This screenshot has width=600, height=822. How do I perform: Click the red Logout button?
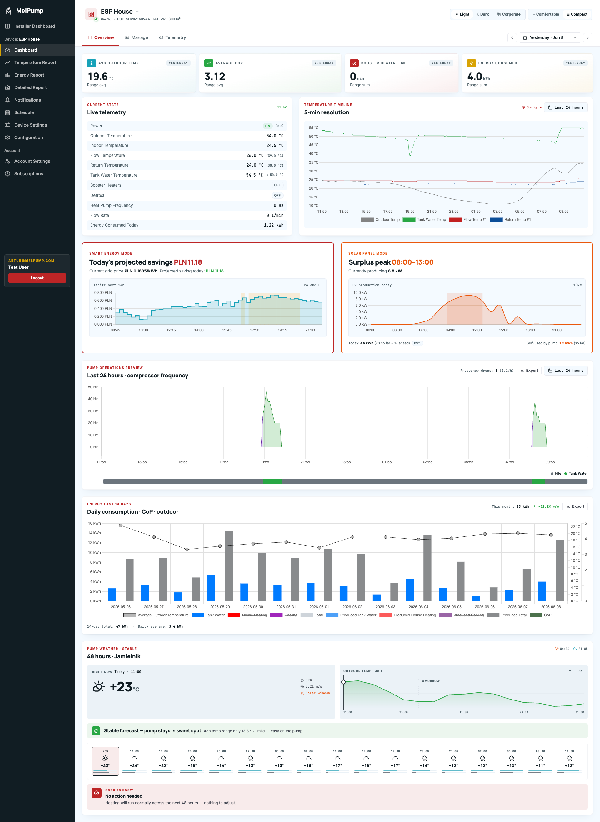37,278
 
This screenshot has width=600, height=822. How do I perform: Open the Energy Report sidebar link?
29,75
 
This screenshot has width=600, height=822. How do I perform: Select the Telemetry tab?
172,37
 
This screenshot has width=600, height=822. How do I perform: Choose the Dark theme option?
483,14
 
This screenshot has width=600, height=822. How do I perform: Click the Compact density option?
577,14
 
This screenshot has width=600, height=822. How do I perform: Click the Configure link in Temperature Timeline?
532,107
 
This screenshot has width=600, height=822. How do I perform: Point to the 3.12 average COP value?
215,76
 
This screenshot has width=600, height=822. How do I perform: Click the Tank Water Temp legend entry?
424,220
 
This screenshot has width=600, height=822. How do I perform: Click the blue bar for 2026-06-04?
410,590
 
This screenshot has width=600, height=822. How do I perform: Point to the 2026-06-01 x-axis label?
319,607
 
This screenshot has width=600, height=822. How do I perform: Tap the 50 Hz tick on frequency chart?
93,387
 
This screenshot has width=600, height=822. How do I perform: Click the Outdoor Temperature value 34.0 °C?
275,135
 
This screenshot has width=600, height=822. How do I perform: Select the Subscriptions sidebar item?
29,173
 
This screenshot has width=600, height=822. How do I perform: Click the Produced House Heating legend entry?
407,615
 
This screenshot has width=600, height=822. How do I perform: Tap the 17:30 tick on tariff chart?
255,330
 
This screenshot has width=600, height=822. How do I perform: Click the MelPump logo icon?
9,11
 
